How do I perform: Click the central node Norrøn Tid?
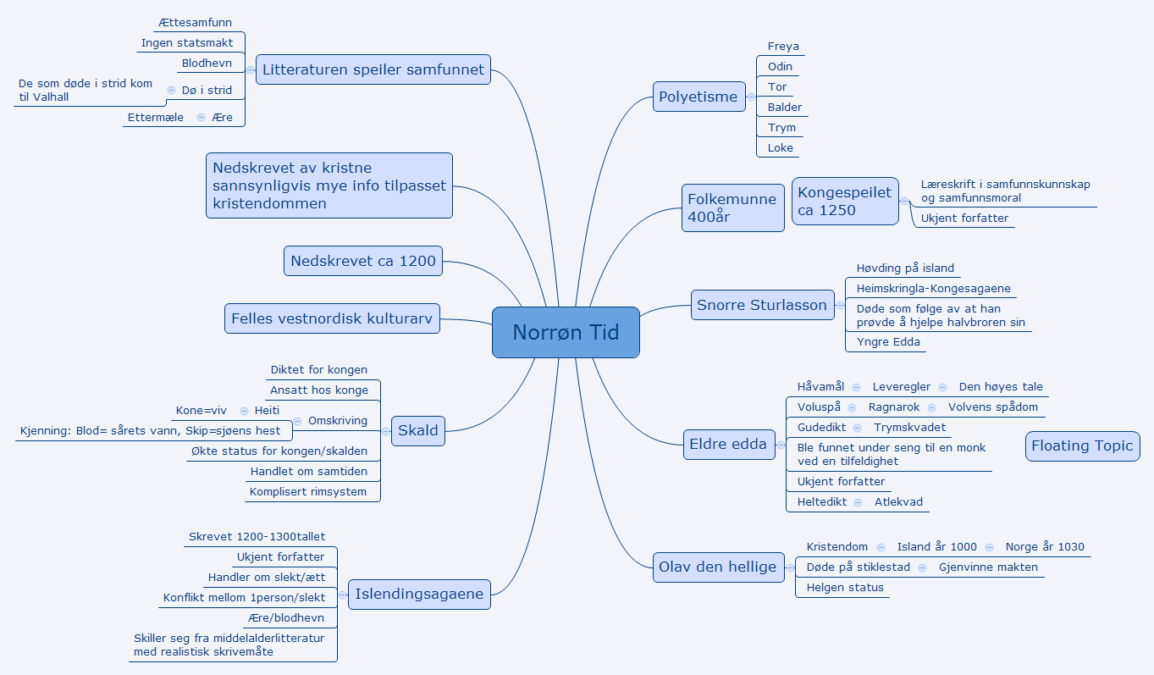[x=566, y=332]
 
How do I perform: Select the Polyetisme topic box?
[x=698, y=97]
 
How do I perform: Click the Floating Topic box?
[x=1082, y=445]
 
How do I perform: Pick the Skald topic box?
[x=418, y=430]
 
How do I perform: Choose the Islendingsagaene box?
[x=419, y=594]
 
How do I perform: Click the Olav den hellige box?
[x=717, y=567]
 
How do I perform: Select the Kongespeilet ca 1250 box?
[x=844, y=201]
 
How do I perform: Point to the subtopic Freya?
[x=783, y=47]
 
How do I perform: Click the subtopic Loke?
[x=781, y=147]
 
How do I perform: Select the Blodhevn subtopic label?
[x=207, y=63]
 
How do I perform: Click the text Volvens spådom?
[x=992, y=407]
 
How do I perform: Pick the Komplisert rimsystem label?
[x=308, y=491]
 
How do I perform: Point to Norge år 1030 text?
[x=1045, y=546]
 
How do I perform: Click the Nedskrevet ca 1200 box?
[x=363, y=261]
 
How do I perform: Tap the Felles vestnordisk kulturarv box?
[x=332, y=318]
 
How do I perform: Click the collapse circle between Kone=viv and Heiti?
[x=244, y=411]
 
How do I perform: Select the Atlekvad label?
[x=898, y=501]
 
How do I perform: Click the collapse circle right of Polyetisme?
[x=750, y=97]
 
